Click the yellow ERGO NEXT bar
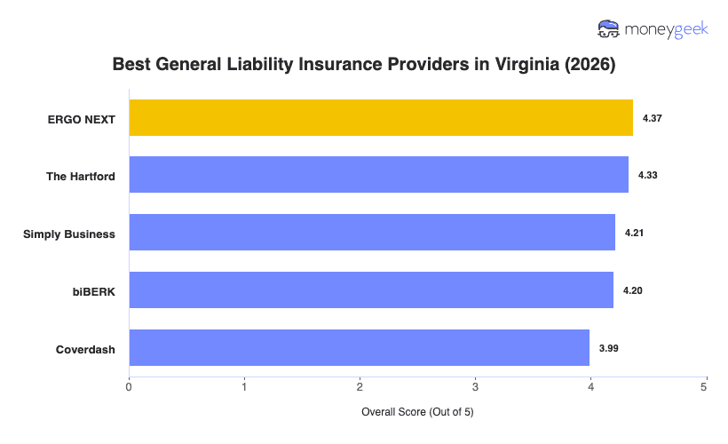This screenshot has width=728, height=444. (x=381, y=118)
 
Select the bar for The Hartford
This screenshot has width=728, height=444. (x=379, y=175)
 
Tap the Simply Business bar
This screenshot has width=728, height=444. (x=372, y=233)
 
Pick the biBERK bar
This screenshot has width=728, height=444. (x=371, y=290)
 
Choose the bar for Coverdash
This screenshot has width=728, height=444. (x=360, y=348)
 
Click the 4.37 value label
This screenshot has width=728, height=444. (x=653, y=118)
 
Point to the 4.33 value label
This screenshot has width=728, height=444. (x=648, y=176)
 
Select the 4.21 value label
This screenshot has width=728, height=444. (x=635, y=233)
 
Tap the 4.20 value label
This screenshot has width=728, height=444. (x=633, y=290)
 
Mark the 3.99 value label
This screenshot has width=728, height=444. (x=609, y=348)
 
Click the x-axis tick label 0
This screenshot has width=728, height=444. (x=130, y=387)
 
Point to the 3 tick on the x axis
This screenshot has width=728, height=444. (x=475, y=387)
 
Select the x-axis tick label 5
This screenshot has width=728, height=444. (x=705, y=387)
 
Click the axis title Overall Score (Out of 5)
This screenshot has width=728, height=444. (x=417, y=413)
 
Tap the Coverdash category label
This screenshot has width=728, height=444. (x=86, y=349)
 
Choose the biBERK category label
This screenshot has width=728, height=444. (x=94, y=291)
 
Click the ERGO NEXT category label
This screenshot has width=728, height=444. (x=83, y=119)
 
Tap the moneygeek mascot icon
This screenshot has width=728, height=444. (x=609, y=29)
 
